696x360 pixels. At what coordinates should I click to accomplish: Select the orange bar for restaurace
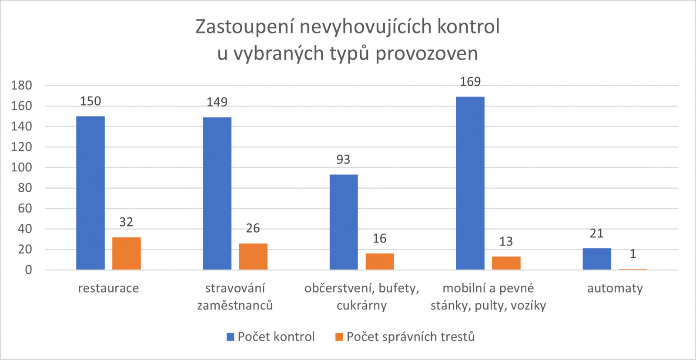point(126,253)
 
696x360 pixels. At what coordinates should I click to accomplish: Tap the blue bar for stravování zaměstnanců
point(217,193)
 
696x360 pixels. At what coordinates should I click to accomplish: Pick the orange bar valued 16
point(379,261)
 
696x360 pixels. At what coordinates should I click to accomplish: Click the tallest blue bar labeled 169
point(470,183)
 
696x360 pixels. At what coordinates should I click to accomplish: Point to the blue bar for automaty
point(596,259)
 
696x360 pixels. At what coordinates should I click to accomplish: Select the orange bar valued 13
point(506,263)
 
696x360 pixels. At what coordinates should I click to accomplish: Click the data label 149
point(217,102)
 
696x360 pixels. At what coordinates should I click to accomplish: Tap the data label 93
point(343,160)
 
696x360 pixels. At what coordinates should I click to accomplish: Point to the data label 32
point(126,222)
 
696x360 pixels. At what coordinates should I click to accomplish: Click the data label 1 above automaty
point(632,254)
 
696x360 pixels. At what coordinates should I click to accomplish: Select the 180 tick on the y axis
point(22,86)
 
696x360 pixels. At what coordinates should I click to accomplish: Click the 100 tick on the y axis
point(22,167)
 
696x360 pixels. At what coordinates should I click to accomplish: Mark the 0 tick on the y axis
point(28,270)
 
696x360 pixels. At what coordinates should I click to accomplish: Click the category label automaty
point(615,288)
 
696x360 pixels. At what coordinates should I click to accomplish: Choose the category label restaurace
point(108,288)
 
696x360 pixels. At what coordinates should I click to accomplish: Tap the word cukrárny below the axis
point(361,305)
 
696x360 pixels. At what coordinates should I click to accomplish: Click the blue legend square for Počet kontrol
point(231,337)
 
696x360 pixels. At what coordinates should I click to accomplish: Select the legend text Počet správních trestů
point(410,337)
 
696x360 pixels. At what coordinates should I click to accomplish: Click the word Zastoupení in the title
point(244,27)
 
